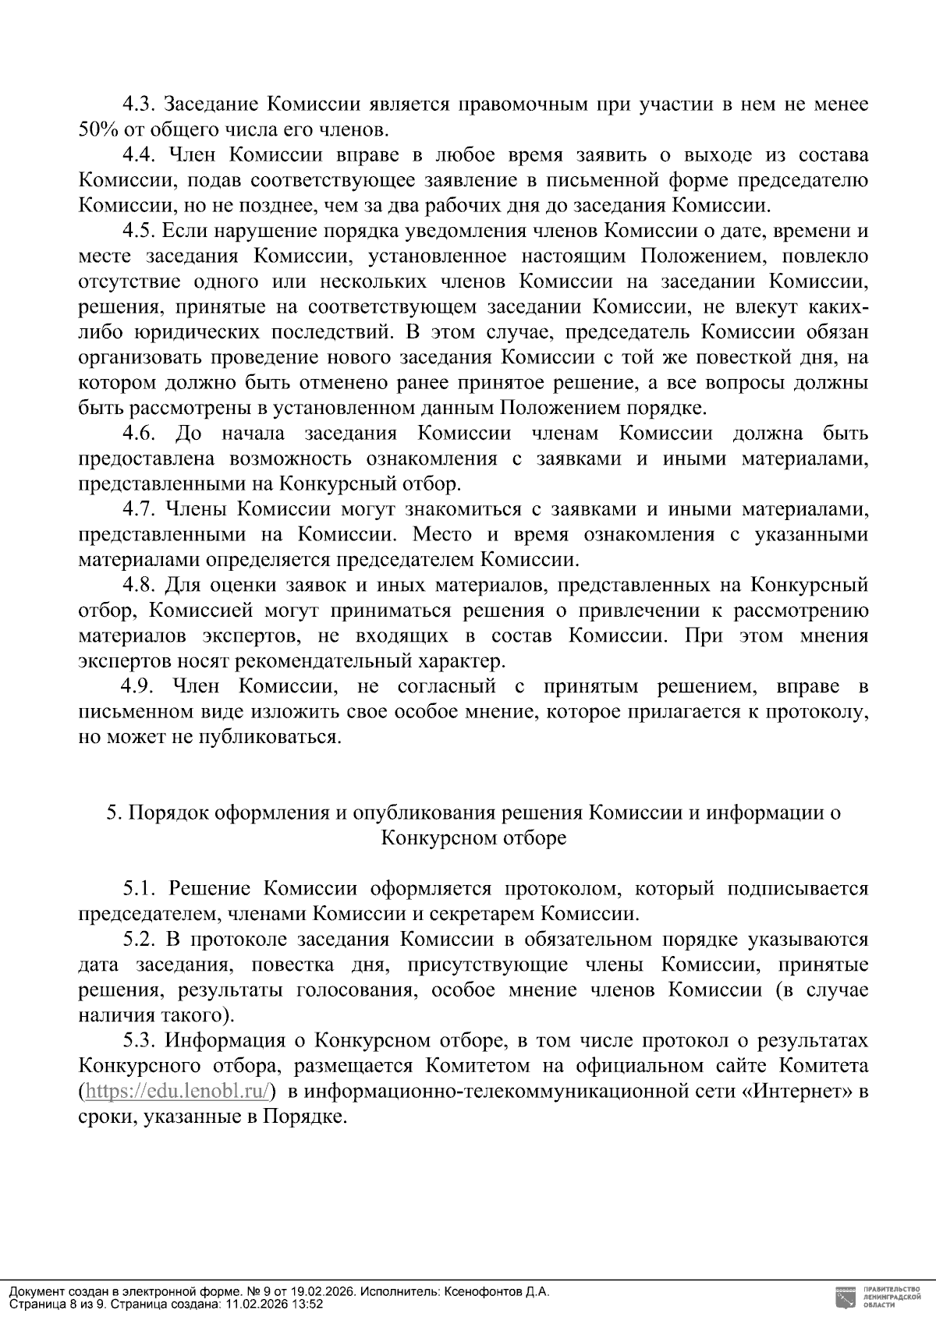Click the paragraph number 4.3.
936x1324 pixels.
pyautogui.click(x=140, y=104)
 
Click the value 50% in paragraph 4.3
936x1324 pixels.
pyautogui.click(x=94, y=130)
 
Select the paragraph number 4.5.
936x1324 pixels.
pyautogui.click(x=140, y=232)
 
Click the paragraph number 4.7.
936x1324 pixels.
pyautogui.click(x=140, y=510)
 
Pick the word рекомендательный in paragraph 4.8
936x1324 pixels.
pyautogui.click(x=349, y=662)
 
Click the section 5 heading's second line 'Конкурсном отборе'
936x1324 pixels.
pyautogui.click(x=473, y=839)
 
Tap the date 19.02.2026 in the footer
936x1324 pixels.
pyautogui.click(x=323, y=1292)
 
